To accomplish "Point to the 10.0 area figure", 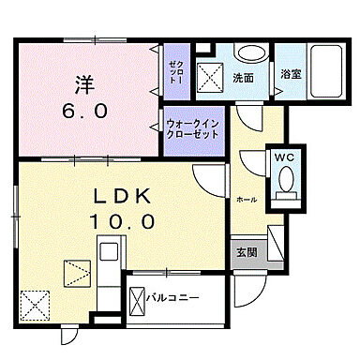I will (120, 222).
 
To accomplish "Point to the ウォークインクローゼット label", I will (193, 128).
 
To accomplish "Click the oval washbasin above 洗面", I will (247, 53).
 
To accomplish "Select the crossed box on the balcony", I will (136, 299).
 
